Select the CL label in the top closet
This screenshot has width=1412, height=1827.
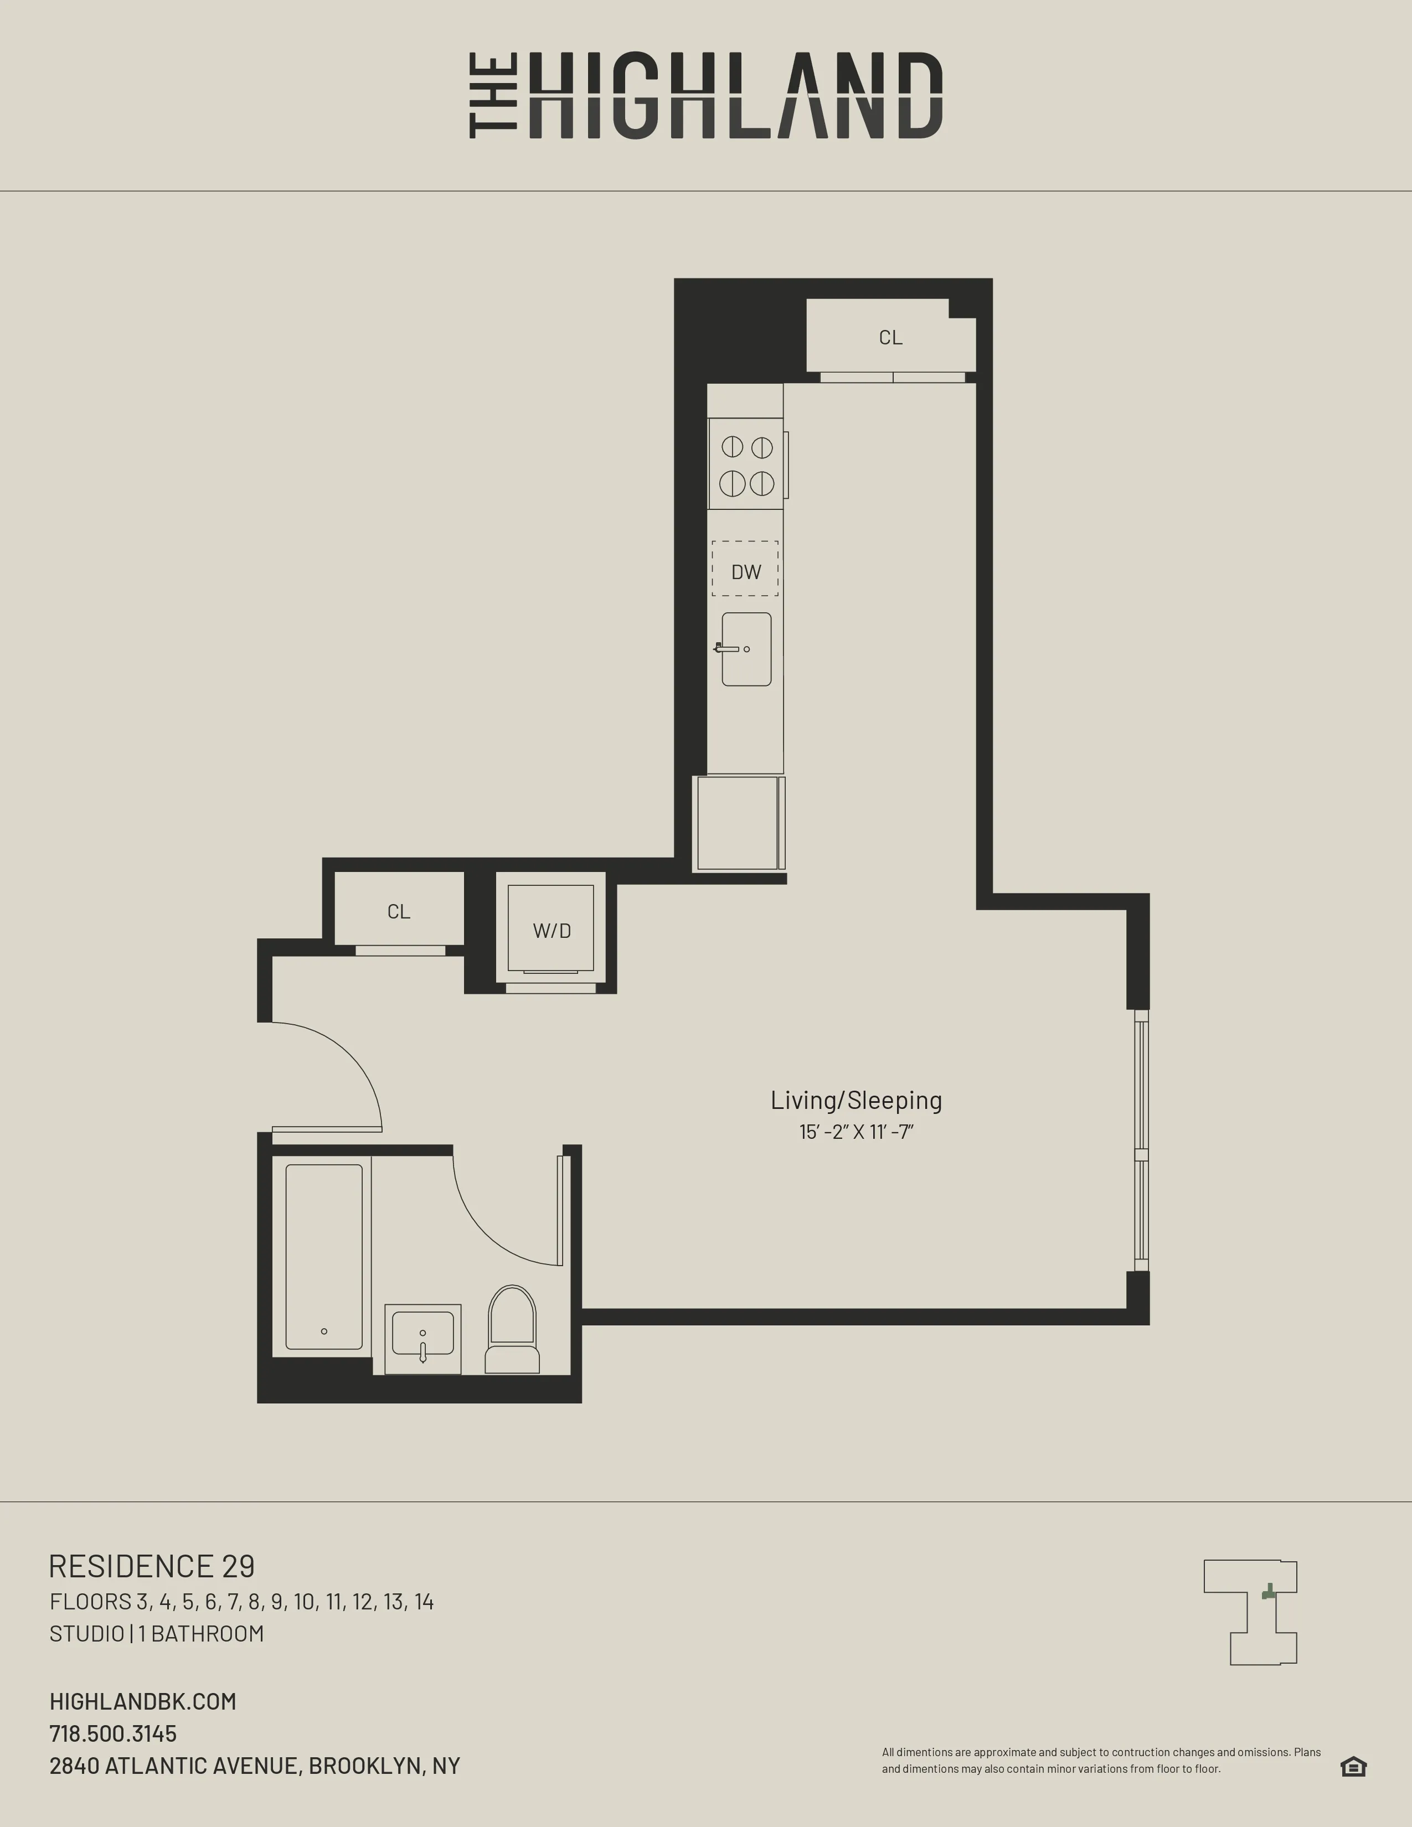coord(890,337)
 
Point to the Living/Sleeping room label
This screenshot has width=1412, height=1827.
coord(856,1100)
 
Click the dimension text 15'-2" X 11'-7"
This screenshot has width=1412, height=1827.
coord(856,1132)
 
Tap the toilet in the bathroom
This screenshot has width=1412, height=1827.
coord(512,1330)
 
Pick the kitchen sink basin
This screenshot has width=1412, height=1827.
coord(746,649)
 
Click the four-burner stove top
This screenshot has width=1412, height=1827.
coord(746,465)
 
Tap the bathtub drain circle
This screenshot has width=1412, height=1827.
coord(324,1331)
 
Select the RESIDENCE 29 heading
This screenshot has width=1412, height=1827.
coord(151,1566)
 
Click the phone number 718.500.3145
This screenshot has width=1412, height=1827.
coord(113,1733)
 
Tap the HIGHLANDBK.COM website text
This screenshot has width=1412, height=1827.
coord(142,1701)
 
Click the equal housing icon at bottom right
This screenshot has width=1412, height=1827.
coord(1353,1766)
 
